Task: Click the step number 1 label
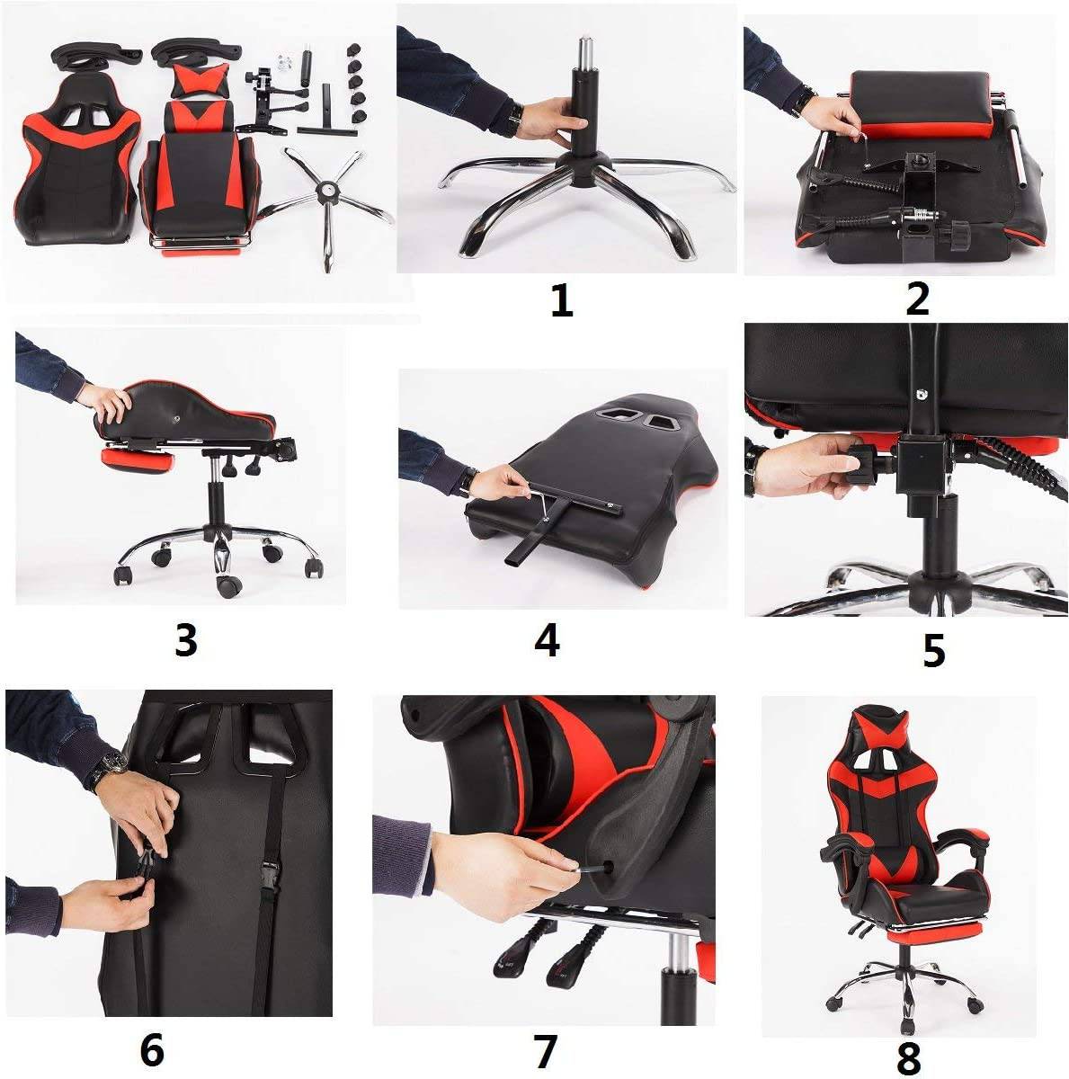[x=562, y=300]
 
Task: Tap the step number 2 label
[x=917, y=299]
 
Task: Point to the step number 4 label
[x=547, y=640]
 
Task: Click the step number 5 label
[x=933, y=650]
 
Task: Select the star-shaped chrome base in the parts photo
[x=325, y=199]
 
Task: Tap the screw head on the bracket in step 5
[x=919, y=394]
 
